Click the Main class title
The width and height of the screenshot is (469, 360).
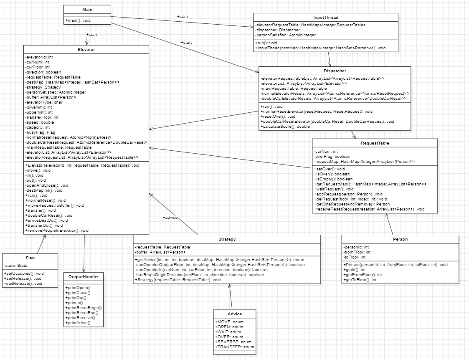[87, 9]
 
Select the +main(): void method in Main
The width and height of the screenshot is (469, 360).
[79, 20]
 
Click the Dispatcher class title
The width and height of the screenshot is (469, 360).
[335, 71]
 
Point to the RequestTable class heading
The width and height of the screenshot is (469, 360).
[375, 143]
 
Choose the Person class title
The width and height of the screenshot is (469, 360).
[400, 239]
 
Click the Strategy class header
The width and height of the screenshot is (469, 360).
[227, 239]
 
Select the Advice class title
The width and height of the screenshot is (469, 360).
[234, 314]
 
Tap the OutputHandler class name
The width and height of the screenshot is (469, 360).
[84, 276]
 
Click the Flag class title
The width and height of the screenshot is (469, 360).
[30, 258]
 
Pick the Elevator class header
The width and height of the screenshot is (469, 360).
[86, 49]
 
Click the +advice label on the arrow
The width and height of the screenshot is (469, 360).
[171, 218]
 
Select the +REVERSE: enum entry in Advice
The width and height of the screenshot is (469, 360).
[231, 342]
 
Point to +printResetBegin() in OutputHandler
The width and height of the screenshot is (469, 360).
[84, 307]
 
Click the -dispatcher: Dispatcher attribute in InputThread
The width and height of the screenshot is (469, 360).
[278, 30]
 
